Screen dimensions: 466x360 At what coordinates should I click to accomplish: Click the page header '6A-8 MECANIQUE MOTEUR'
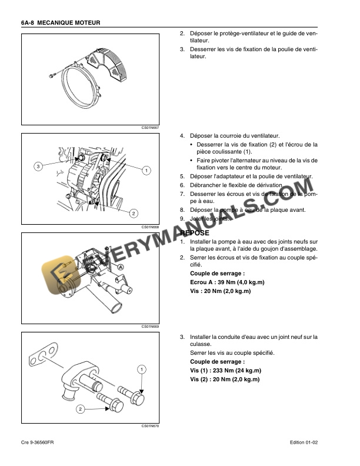point(61,22)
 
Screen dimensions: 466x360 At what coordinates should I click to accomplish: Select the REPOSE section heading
point(194,233)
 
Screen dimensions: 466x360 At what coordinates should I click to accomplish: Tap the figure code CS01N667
point(150,128)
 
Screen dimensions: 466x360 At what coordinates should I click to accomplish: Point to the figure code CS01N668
point(150,227)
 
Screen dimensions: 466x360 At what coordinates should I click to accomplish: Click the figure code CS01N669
point(150,326)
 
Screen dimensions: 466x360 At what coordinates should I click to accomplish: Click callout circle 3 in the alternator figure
point(38,167)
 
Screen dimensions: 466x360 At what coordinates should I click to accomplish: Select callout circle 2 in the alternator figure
point(133,212)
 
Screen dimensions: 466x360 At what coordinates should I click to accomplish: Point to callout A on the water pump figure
point(121,267)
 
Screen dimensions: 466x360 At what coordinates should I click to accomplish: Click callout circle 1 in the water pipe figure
point(142,369)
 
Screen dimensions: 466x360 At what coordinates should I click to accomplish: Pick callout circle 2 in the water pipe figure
point(80,408)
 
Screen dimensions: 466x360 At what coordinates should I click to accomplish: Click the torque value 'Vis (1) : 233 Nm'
point(225,371)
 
